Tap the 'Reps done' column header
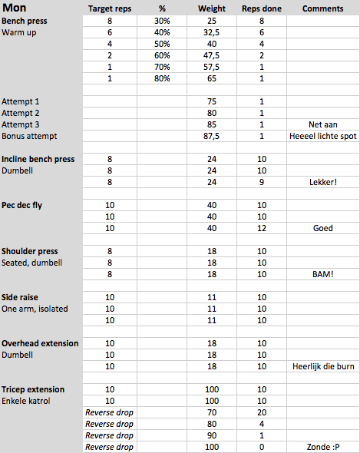[261, 8]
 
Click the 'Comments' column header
[323, 8]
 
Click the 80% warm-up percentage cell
[162, 78]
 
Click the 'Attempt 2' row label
[21, 113]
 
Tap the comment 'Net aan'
[323, 124]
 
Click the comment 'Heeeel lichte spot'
[323, 136]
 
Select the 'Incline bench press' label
[38, 159]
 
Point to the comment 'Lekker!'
[323, 182]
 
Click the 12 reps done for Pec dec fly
[261, 228]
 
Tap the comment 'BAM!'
[323, 274]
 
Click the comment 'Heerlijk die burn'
[323, 366]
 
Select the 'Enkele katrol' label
[28, 401]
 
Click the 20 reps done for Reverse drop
[261, 412]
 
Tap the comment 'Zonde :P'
[323, 447]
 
